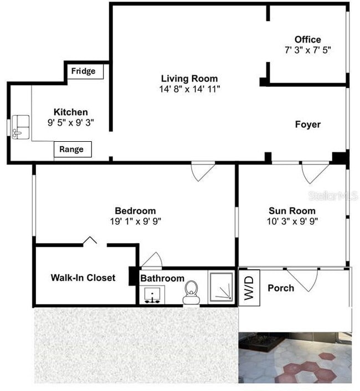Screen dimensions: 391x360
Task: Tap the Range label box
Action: (72, 150)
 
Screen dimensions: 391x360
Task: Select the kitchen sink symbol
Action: (20, 126)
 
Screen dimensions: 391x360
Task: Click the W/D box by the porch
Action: (249, 286)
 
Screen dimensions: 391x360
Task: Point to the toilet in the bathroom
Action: (191, 292)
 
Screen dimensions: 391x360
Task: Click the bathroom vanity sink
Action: (151, 295)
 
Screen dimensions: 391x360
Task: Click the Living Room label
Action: (189, 79)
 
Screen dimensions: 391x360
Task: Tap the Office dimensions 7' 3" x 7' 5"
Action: (308, 50)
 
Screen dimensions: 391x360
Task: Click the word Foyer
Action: (307, 125)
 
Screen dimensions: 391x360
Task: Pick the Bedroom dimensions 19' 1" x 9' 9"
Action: (135, 221)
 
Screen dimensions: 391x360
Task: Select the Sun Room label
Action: (292, 210)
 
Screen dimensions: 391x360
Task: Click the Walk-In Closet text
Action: (83, 277)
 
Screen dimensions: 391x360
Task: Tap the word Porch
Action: (281, 288)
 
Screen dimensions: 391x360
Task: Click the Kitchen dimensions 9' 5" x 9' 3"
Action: (70, 122)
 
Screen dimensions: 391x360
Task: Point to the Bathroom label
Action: (162, 278)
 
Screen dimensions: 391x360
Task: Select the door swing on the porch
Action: (302, 279)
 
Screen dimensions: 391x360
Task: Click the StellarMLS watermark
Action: (332, 196)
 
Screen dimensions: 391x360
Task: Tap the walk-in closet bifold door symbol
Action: (90, 241)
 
